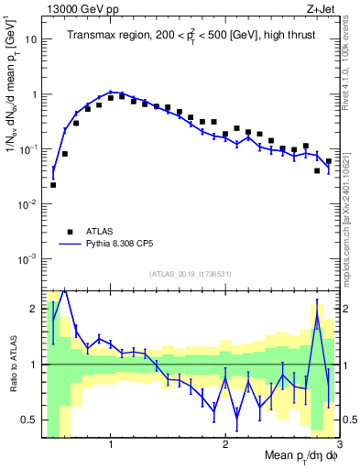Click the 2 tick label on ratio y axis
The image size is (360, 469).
point(34,309)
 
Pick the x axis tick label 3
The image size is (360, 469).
point(339,444)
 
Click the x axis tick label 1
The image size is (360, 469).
point(110,444)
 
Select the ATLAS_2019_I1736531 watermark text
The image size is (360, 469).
point(190,274)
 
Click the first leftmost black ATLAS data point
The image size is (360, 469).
point(53,185)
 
